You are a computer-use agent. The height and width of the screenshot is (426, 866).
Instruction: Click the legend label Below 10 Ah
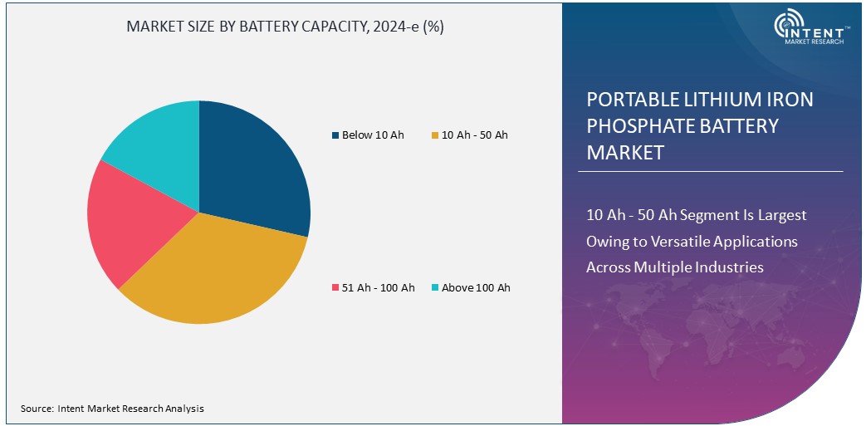point(373,135)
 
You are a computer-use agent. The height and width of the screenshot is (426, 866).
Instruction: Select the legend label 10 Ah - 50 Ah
point(475,135)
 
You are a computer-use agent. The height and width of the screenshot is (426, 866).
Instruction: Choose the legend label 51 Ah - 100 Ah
point(378,287)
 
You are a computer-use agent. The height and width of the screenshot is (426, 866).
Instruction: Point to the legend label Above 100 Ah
point(476,287)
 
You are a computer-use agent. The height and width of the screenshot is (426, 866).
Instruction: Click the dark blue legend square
point(335,135)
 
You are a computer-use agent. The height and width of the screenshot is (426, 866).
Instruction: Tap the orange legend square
point(435,135)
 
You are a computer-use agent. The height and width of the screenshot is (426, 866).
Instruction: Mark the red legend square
point(335,288)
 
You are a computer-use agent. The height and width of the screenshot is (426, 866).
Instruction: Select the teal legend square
point(435,288)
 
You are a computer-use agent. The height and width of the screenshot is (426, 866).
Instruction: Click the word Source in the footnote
point(37,409)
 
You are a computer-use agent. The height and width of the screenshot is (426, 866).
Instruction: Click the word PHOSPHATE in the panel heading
point(638,126)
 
